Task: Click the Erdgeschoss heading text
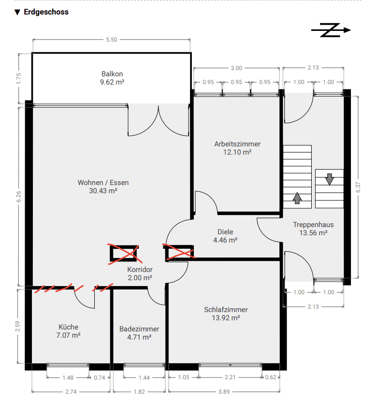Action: click(x=46, y=12)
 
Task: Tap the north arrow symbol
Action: click(x=331, y=30)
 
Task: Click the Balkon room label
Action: click(x=112, y=74)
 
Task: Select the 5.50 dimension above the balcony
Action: click(x=112, y=40)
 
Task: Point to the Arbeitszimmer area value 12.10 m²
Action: click(x=237, y=152)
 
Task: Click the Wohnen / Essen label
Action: click(x=103, y=183)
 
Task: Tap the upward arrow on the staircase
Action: click(x=297, y=198)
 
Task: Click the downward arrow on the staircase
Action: click(x=330, y=179)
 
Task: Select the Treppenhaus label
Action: click(x=313, y=225)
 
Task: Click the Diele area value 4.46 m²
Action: click(x=225, y=240)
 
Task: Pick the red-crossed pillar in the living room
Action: click(x=124, y=254)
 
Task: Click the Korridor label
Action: click(x=140, y=270)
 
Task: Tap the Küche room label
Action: click(x=69, y=327)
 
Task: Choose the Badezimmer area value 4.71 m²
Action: click(x=139, y=337)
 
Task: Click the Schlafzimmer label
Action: click(x=226, y=310)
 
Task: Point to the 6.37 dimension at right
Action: click(x=358, y=187)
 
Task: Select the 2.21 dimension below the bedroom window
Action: click(x=230, y=377)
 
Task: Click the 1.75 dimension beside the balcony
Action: click(x=19, y=79)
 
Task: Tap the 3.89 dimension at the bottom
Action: click(x=224, y=392)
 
